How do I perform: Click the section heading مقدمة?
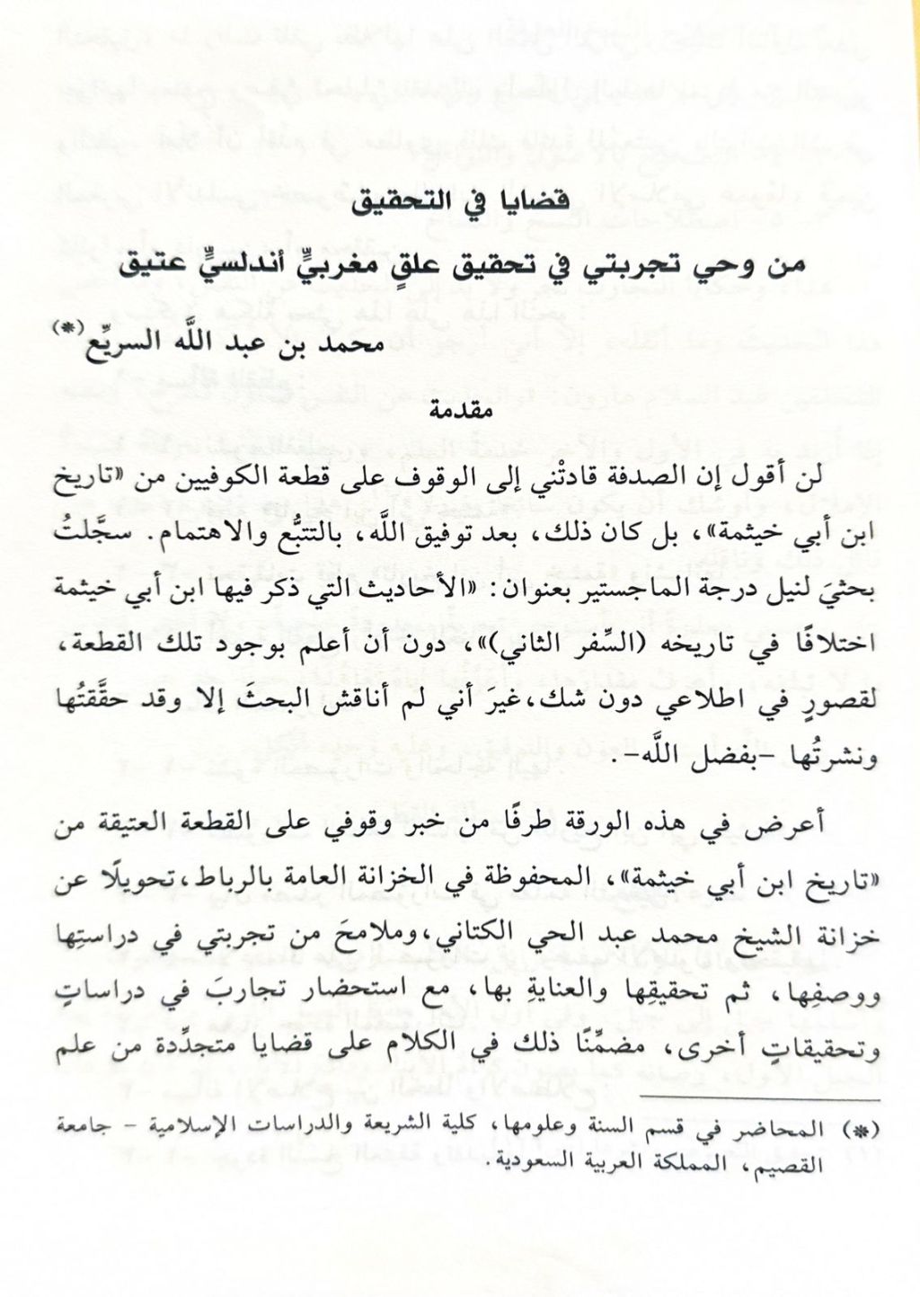[462, 413]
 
